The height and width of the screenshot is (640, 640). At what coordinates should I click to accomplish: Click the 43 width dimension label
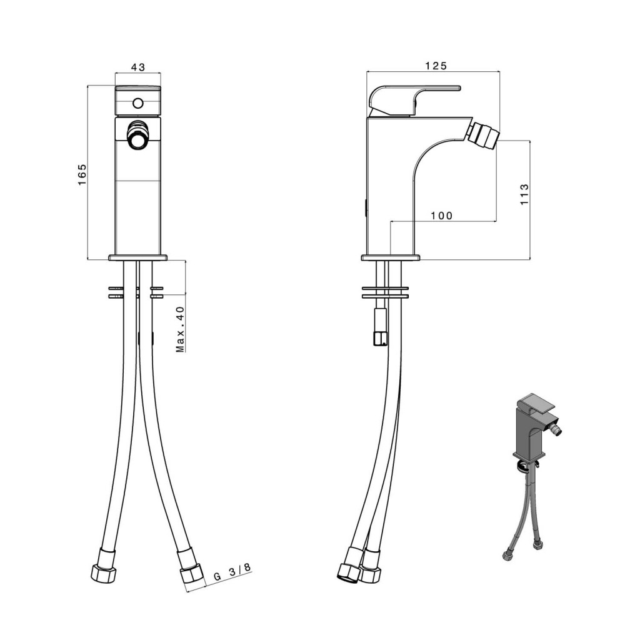coord(138,67)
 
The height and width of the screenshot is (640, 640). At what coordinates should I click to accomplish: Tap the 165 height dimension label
coord(82,175)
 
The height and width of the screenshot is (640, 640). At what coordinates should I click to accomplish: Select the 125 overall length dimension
coord(436,66)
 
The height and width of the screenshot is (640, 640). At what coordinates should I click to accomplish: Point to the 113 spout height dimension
coord(524,194)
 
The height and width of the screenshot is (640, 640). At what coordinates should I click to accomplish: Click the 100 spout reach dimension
coord(442,216)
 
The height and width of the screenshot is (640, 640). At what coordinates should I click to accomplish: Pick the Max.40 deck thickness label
coord(180,329)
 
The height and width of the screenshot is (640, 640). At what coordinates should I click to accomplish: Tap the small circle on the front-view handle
coord(138,103)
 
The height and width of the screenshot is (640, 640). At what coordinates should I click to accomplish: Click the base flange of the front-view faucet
coord(138,258)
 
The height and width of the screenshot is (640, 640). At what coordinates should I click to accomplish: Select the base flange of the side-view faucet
coord(391,257)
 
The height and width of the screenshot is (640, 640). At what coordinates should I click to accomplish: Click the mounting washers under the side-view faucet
coord(385,292)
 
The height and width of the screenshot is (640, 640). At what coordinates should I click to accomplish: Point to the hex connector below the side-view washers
coord(381,327)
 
